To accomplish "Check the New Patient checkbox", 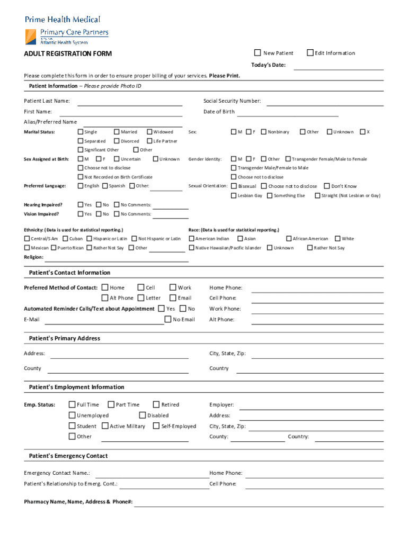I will [258, 53].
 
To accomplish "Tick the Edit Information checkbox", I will [311, 53].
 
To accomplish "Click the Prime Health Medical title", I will [63, 20].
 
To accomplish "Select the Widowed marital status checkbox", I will [150, 132].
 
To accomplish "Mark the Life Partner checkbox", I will [150, 141].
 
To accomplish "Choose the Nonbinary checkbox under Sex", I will [264, 132].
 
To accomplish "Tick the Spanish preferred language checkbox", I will [105, 186].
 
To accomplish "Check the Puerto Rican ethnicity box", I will [54, 248].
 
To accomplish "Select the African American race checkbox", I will [289, 239].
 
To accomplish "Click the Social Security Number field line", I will [325, 104].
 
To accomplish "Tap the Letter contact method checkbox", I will [141, 298].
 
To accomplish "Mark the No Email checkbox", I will [168, 319].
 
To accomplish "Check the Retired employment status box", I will [156, 404].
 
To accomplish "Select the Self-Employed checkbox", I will [156, 426].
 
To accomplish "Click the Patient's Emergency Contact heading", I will [68, 456].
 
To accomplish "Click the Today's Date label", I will [268, 65].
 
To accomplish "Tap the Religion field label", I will [33, 257].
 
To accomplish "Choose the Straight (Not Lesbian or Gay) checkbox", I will [317, 195].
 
